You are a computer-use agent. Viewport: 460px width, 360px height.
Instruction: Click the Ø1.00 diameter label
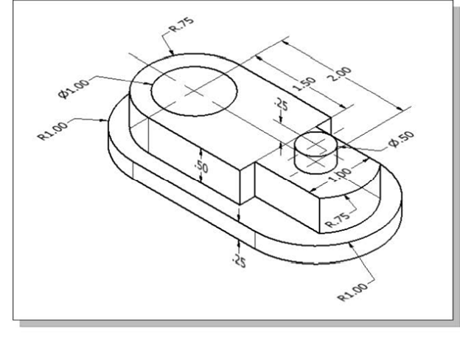pos(74,89)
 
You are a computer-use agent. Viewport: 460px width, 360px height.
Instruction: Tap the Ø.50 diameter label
pos(401,139)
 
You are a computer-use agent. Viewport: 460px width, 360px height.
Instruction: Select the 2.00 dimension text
pos(339,74)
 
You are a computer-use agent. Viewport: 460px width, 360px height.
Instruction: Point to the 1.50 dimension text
pos(304,83)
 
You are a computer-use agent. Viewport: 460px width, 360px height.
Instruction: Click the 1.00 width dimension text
pos(339,176)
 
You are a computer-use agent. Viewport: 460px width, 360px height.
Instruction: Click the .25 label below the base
pos(239,261)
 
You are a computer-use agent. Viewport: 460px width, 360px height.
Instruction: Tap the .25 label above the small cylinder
pos(281,105)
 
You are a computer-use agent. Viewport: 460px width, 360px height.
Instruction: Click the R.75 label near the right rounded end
pos(338,220)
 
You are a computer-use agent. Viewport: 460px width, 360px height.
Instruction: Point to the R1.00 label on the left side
pos(53,131)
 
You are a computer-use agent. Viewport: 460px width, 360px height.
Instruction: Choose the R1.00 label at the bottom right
pos(352,292)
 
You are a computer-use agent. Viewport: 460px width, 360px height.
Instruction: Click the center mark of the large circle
pos(194,91)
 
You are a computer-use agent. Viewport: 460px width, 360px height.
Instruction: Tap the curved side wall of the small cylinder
pos(316,164)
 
